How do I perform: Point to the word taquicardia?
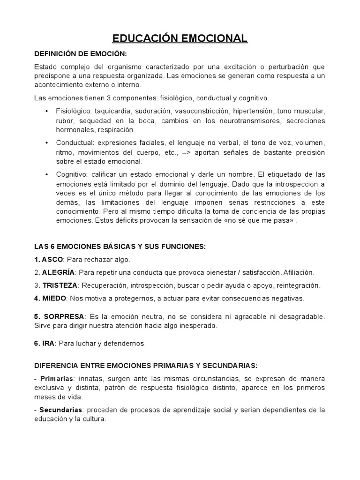pyautogui.click(x=112, y=112)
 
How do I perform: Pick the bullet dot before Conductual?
pyautogui.click(x=47, y=142)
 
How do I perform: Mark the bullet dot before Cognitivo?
pyautogui.click(x=47, y=174)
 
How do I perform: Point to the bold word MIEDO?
pyautogui.click(x=54, y=298)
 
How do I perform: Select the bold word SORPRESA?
pyautogui.click(x=64, y=317)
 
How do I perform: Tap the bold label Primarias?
pyautogui.click(x=55, y=378)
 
